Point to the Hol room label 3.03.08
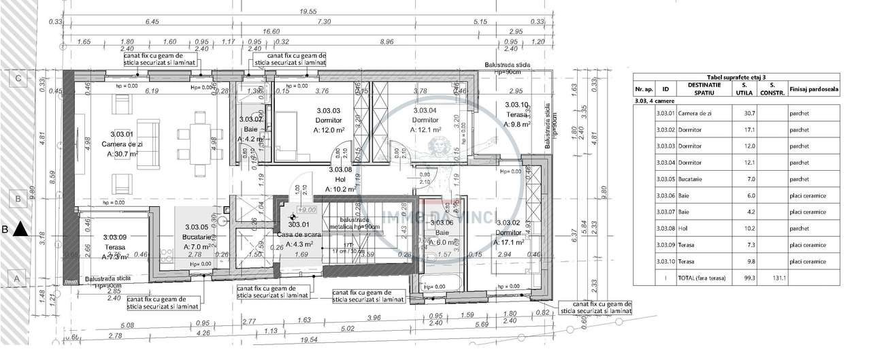click(x=340, y=170)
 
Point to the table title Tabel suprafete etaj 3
click(x=736, y=79)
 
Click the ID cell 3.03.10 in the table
click(x=665, y=261)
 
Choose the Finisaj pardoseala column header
click(x=813, y=89)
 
